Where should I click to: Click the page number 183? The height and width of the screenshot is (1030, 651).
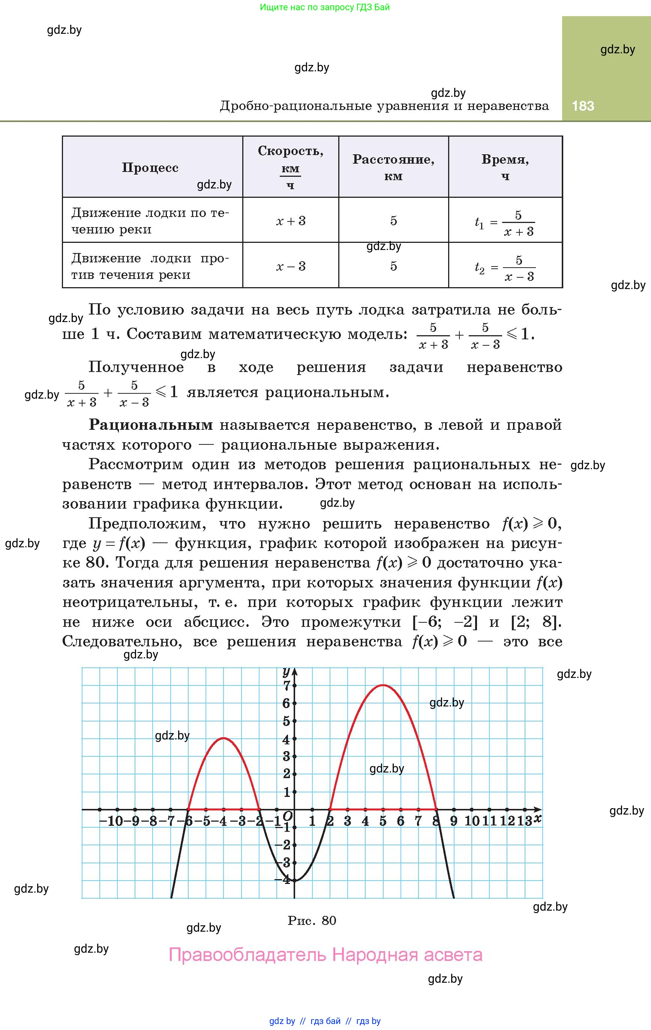(x=583, y=106)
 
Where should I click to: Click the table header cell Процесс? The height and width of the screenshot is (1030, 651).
(x=150, y=168)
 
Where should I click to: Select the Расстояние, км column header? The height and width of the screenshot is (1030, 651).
(x=393, y=167)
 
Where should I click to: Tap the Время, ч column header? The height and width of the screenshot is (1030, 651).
(x=505, y=167)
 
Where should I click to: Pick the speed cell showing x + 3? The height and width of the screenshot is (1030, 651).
(x=291, y=221)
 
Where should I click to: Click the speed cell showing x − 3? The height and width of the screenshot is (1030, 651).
(x=291, y=266)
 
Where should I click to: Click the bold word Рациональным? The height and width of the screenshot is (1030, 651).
(x=150, y=425)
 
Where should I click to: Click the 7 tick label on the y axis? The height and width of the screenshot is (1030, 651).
(x=286, y=686)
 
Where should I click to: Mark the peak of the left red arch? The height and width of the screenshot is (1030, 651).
(x=223, y=738)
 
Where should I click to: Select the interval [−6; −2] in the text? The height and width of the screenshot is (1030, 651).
(x=444, y=622)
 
